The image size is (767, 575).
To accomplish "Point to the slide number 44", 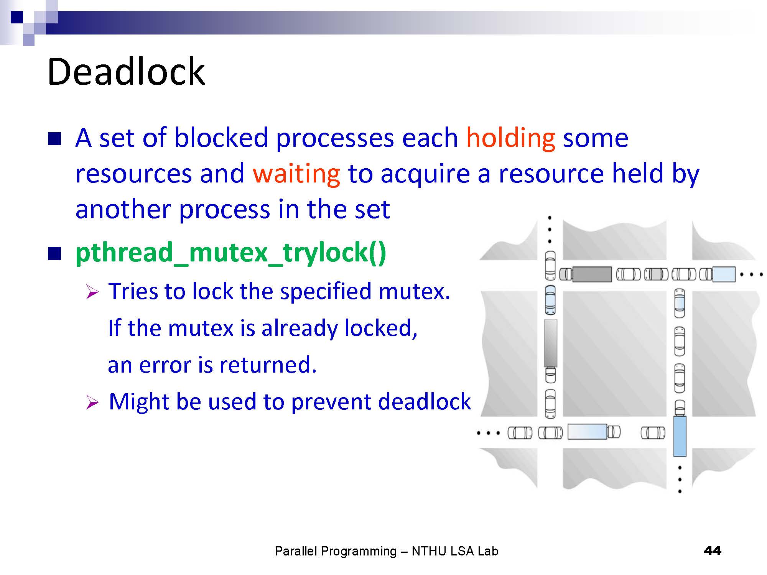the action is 713,551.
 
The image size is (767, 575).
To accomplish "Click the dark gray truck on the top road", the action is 592,274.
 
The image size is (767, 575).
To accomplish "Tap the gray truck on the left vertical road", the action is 550,343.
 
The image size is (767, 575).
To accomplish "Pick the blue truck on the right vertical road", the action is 680,436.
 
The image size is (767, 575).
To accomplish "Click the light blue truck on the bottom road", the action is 587,432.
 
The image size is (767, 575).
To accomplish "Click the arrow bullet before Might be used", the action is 92,402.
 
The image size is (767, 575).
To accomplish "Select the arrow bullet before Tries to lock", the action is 92,292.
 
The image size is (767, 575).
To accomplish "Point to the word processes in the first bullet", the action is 335,139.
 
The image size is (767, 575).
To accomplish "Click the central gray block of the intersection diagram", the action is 614,354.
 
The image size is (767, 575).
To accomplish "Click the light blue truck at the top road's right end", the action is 724,274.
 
